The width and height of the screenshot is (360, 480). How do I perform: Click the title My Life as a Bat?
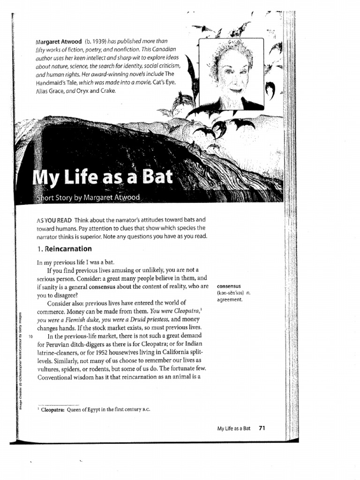click(x=103, y=179)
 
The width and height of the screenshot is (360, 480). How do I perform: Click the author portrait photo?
click(x=231, y=74)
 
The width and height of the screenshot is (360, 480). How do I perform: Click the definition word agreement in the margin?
click(x=230, y=300)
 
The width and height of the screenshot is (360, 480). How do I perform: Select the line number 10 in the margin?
click(x=30, y=336)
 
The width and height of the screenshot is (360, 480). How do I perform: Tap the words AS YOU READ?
click(x=52, y=220)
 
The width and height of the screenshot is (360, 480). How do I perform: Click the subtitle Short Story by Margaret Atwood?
click(x=88, y=197)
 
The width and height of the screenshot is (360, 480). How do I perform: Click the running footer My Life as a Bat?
click(x=234, y=427)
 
